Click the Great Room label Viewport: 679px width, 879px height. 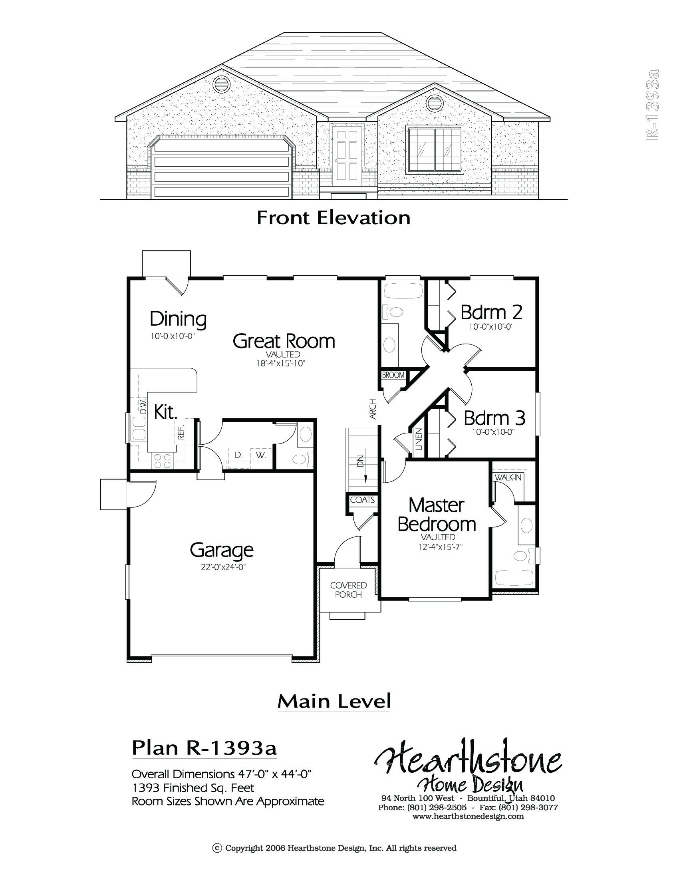pyautogui.click(x=284, y=341)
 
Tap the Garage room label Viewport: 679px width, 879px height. pyautogui.click(x=222, y=550)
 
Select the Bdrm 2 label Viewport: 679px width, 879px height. pyautogui.click(x=491, y=312)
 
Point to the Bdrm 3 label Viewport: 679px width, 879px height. pyautogui.click(x=494, y=418)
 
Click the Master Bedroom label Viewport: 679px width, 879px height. pyautogui.click(x=437, y=514)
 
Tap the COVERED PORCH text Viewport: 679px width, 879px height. pyautogui.click(x=348, y=590)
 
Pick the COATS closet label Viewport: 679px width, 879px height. pyautogui.click(x=362, y=500)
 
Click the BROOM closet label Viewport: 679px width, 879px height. pyautogui.click(x=393, y=375)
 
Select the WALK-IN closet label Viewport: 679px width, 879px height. pyautogui.click(x=508, y=477)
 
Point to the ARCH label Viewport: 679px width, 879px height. pyautogui.click(x=373, y=409)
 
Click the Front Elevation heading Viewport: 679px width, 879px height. pyautogui.click(x=334, y=218)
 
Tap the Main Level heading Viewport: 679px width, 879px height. pyautogui.click(x=334, y=702)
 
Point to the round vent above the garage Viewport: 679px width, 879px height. pyautogui.click(x=221, y=84)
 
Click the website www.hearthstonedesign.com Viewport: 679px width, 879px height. pyautogui.click(x=468, y=816)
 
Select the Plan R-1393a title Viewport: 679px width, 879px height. pyautogui.click(x=204, y=748)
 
